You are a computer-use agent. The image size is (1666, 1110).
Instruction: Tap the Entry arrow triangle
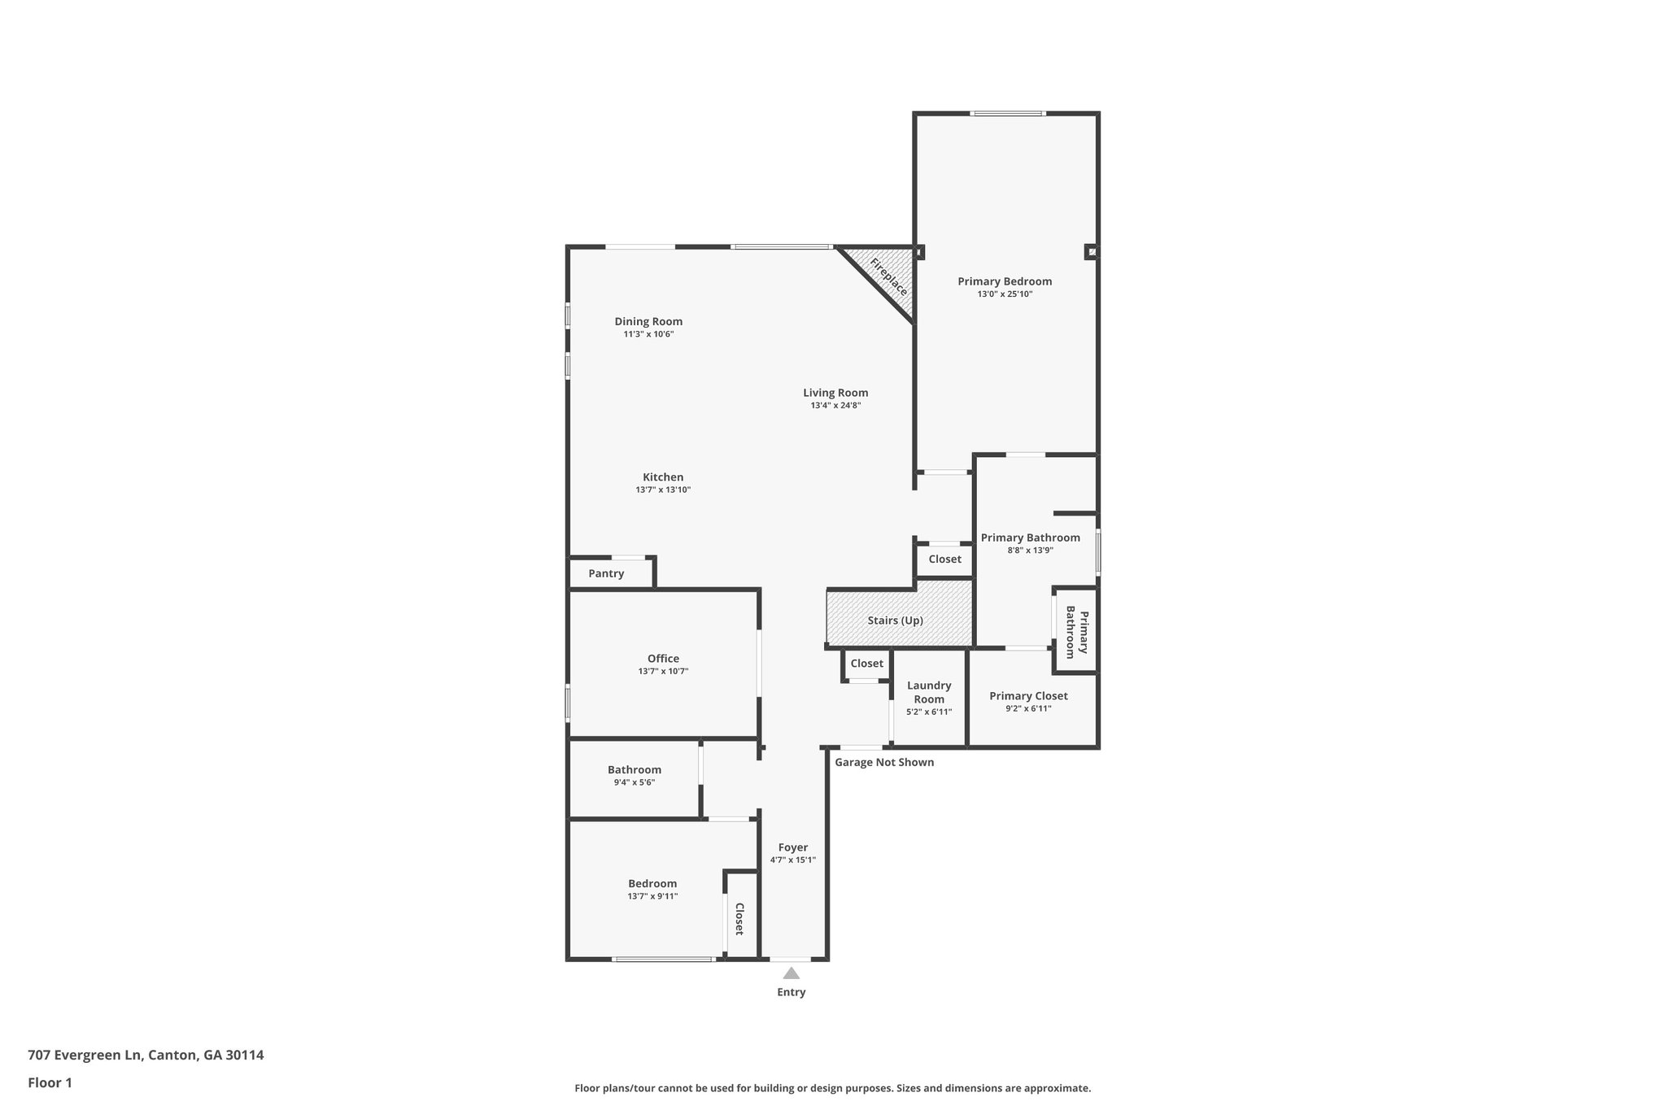point(791,973)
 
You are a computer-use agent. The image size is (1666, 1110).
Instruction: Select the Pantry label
point(606,573)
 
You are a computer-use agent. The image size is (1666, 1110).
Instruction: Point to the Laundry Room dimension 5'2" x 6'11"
point(929,712)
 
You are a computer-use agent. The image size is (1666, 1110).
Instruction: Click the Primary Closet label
point(1028,695)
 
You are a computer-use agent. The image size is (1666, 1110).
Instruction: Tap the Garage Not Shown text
point(884,762)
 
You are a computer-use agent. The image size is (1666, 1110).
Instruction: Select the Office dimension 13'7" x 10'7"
point(663,671)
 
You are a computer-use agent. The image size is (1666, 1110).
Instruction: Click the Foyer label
point(792,847)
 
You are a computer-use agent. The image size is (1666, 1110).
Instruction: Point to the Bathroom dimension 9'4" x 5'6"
point(634,782)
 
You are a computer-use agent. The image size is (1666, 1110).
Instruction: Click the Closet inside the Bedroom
point(739,918)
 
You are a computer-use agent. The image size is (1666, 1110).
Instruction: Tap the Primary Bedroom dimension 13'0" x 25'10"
point(1005,294)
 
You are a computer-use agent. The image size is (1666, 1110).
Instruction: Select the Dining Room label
point(648,321)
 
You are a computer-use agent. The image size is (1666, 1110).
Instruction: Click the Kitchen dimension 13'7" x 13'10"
point(663,490)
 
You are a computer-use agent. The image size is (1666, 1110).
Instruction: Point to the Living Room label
point(835,392)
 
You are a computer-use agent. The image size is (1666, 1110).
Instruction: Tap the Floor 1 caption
point(50,1082)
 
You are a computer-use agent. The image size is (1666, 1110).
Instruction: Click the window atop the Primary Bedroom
point(1007,114)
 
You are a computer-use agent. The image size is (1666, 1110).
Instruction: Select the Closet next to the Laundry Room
point(866,664)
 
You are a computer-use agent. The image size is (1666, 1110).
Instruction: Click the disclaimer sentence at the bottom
point(832,1088)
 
